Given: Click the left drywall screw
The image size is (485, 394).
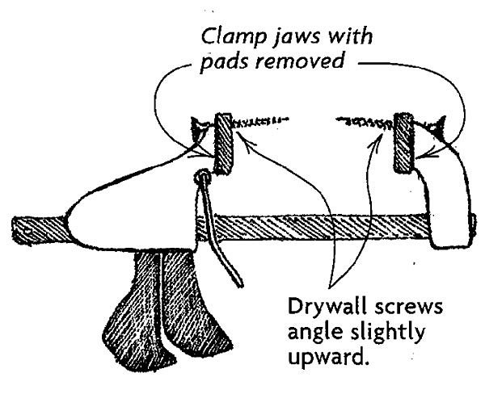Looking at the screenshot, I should [258, 124].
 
